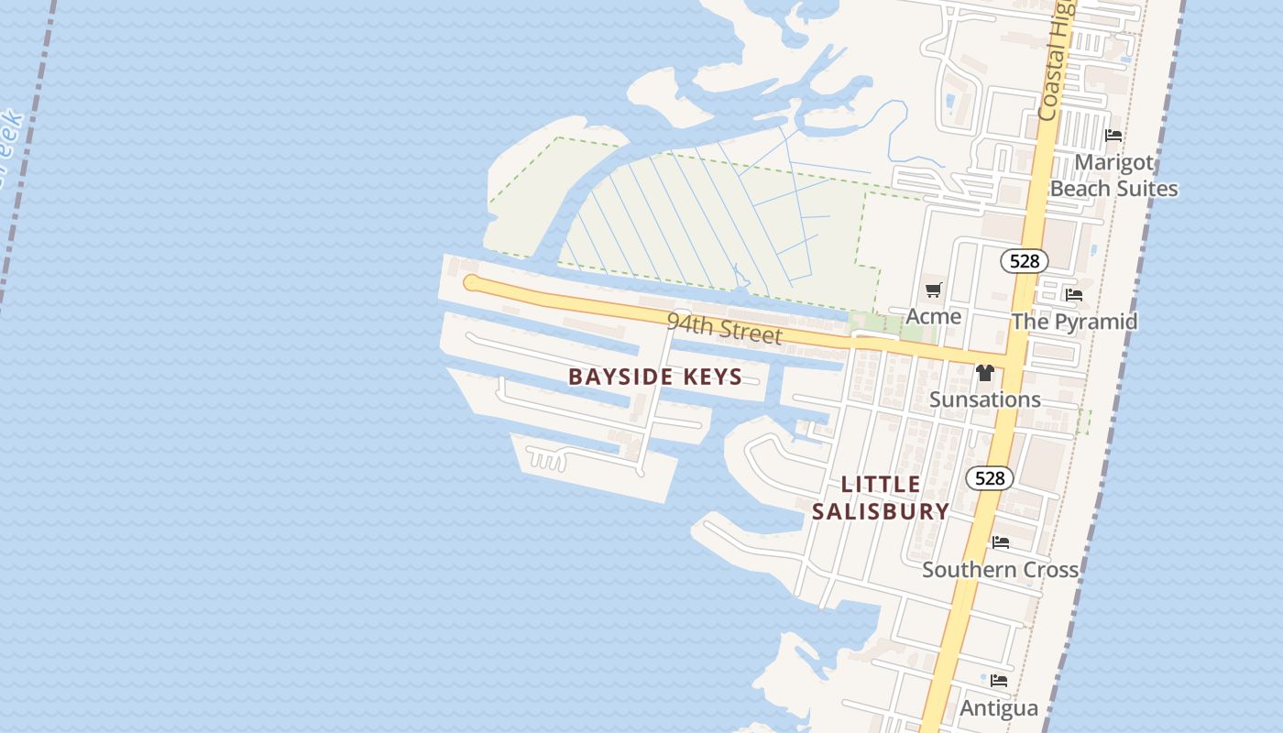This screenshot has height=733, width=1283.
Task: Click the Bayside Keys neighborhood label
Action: (655, 377)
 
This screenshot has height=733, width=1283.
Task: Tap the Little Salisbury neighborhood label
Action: (880, 498)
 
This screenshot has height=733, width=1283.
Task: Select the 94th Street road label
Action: (724, 327)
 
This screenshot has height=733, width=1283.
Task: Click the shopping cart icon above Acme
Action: (933, 290)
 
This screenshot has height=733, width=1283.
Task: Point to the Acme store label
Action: (933, 316)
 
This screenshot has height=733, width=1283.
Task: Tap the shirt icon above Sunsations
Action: (985, 373)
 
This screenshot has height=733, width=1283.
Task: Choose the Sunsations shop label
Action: (984, 399)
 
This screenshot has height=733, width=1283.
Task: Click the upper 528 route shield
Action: (1024, 261)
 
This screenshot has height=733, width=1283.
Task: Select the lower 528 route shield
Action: (990, 478)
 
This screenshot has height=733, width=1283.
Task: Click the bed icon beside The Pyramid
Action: (1074, 295)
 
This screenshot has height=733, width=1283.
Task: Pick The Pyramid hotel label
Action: (1074, 322)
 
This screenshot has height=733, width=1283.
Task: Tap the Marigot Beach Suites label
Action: (1113, 175)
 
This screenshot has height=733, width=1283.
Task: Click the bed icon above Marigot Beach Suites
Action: (1113, 136)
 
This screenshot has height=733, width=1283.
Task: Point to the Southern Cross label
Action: (1000, 569)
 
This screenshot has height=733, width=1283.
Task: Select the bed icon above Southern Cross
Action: (1001, 542)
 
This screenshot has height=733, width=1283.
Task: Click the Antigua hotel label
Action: (999, 708)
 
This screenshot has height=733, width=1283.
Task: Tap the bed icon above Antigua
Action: (999, 681)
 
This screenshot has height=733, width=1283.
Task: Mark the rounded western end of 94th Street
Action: (471, 282)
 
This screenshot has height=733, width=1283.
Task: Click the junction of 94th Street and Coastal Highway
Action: (1012, 356)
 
